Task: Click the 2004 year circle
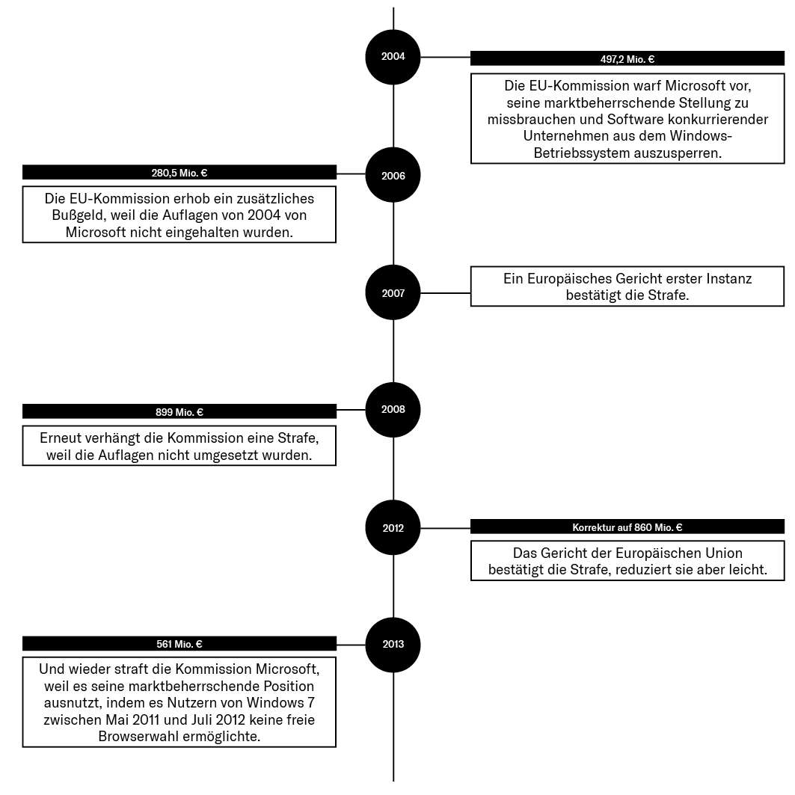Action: click(393, 57)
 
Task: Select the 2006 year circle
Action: click(393, 175)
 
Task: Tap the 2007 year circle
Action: click(393, 292)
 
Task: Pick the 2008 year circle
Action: click(393, 410)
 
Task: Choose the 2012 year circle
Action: click(393, 528)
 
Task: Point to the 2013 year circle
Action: click(393, 645)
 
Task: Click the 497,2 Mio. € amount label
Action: click(627, 59)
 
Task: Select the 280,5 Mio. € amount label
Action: click(179, 173)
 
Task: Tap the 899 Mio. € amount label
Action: click(179, 412)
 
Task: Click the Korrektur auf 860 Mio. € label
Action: click(627, 527)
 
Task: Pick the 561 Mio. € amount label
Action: click(179, 644)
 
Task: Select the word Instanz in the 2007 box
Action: click(729, 278)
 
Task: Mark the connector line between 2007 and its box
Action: click(446, 292)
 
